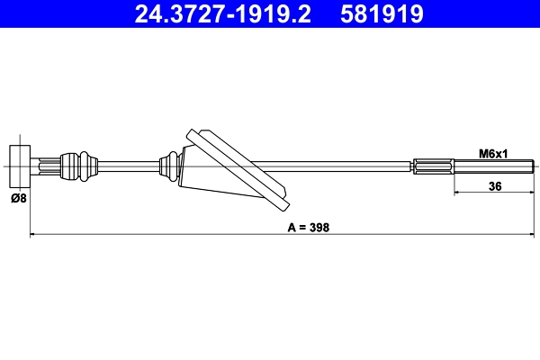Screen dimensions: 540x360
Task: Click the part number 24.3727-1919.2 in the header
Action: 222,13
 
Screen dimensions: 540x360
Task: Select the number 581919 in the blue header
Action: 382,13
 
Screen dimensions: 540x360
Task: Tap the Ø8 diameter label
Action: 19,198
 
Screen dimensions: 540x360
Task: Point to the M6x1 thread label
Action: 493,154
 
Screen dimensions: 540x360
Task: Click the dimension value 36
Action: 495,186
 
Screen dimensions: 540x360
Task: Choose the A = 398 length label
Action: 309,228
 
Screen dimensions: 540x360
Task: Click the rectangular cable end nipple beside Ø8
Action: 20,166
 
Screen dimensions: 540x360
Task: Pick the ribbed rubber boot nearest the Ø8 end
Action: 79,166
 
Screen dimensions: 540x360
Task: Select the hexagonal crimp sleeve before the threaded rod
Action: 434,166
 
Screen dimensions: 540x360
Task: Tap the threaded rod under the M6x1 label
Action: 494,166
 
